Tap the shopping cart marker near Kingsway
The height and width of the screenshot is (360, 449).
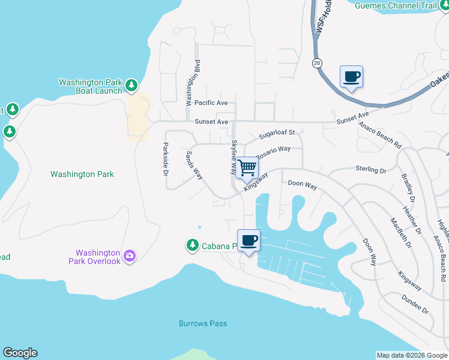pyautogui.click(x=247, y=167)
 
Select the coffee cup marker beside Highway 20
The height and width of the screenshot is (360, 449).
pyautogui.click(x=351, y=77)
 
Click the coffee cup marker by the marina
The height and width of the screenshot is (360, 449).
pyautogui.click(x=249, y=241)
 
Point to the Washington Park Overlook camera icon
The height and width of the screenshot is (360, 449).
pyautogui.click(x=130, y=257)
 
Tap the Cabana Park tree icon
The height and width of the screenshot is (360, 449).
pyautogui.click(x=192, y=245)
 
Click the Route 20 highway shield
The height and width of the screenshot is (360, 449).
pyautogui.click(x=316, y=63)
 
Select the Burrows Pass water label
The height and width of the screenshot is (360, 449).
pyautogui.click(x=203, y=323)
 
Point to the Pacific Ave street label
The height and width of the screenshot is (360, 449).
pyautogui.click(x=206, y=103)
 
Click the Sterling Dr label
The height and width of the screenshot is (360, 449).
pyautogui.click(x=371, y=170)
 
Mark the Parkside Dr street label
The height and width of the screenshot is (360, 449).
pyautogui.click(x=166, y=159)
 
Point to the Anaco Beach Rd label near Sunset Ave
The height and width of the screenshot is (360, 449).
pyautogui.click(x=380, y=134)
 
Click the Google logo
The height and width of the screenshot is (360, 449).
pyautogui.click(x=20, y=353)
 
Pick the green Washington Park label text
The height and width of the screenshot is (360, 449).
pyautogui.click(x=82, y=175)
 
